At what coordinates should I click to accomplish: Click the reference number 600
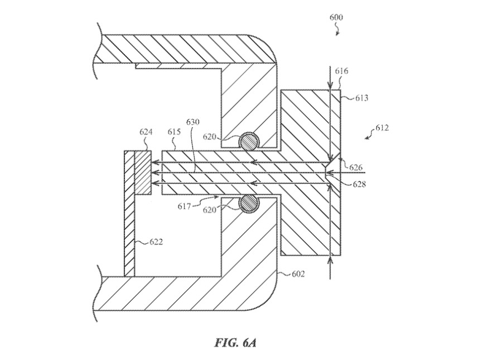coord(336,17)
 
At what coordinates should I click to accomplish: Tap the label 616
coord(342,71)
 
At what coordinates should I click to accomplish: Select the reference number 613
coord(362,98)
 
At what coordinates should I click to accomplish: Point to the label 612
coord(382,128)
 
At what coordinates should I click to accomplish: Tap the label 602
coord(299,274)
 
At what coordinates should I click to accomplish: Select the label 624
coord(146,132)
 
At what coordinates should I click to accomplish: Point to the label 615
coord(175,132)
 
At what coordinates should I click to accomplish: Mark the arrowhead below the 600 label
coord(337,33)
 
